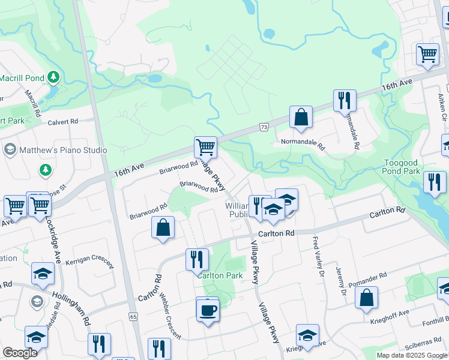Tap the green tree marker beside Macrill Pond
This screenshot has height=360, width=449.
[x=54, y=77]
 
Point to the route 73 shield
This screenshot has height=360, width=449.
[x=264, y=127]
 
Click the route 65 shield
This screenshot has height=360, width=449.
[x=133, y=316]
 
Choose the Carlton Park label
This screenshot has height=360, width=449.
[x=221, y=275]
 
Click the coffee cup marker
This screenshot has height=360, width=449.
[x=208, y=310]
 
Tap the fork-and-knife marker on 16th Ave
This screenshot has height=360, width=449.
[x=345, y=100]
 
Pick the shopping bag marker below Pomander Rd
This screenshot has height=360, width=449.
[x=366, y=297]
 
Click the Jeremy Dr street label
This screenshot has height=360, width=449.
[x=342, y=281]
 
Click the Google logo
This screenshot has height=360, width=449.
[x=20, y=353]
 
